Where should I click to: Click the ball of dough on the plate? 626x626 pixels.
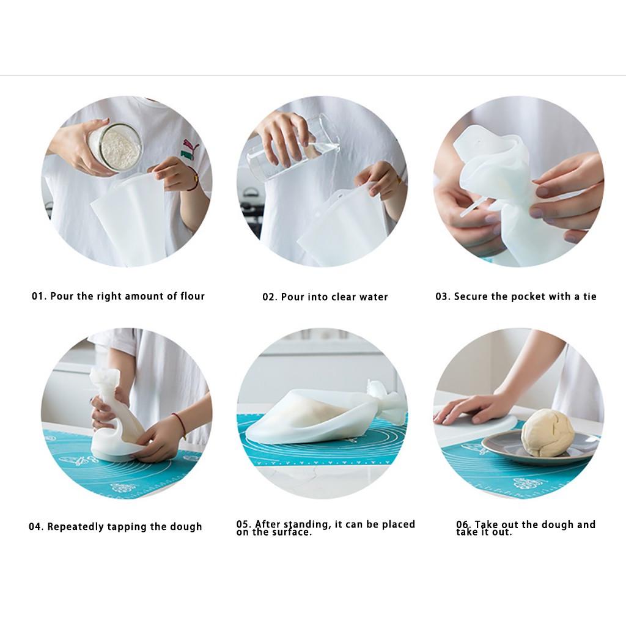point(547,433)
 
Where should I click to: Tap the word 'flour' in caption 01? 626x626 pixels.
point(192,296)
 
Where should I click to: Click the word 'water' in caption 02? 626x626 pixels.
point(373,297)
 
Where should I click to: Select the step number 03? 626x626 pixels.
point(442,296)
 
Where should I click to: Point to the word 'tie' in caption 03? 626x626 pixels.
point(589,296)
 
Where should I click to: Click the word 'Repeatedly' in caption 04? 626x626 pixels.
point(76,527)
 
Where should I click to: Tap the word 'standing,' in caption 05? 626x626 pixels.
point(292,524)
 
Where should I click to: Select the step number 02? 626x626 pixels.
point(269,297)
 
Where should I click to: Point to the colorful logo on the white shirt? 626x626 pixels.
point(190,149)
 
